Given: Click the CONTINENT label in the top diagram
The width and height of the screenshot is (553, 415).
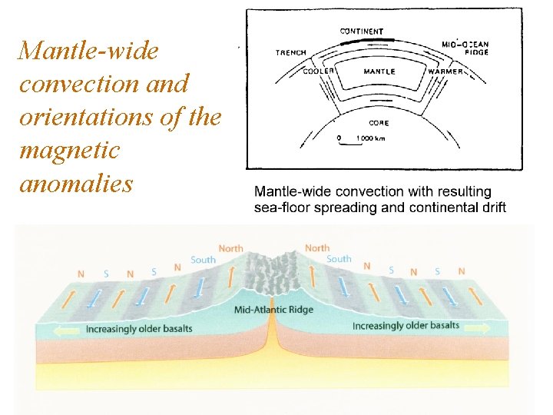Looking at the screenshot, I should point(361,32).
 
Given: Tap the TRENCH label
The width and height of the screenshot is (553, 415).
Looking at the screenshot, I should point(291,53).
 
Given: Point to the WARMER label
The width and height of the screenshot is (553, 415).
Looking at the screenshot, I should point(445,71).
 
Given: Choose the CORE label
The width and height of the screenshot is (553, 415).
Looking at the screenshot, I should point(379,122).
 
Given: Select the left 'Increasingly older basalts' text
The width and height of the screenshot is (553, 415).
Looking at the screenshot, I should point(138,330).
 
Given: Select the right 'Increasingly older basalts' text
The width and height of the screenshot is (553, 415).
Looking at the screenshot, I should point(406,326).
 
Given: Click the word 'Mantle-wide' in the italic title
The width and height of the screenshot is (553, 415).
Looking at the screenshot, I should point(88,51).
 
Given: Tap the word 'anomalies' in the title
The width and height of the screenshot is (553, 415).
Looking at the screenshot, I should point(76,184).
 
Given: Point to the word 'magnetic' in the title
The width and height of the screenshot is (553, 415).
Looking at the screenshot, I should point(70,151).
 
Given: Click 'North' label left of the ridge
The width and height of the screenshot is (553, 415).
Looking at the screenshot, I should point(231,248).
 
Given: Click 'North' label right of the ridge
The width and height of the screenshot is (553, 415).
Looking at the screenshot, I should point(317,248).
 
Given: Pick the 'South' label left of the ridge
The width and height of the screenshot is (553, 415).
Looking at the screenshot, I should point(203,260).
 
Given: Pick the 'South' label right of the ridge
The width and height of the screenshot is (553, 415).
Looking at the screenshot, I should point(339,259).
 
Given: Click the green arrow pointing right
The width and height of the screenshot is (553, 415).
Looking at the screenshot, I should point(476,327).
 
